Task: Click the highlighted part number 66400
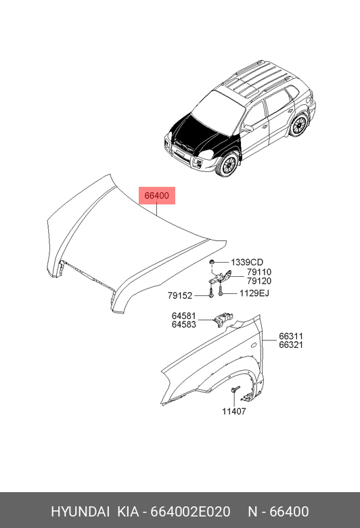(156, 196)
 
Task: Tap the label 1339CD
(247, 262)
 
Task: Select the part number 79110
(259, 271)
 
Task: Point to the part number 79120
(259, 281)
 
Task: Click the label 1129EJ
(254, 293)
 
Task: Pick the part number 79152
(180, 296)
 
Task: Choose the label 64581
(184, 316)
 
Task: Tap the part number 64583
(184, 325)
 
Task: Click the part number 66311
(291, 336)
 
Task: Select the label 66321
(291, 345)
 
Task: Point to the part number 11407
(234, 411)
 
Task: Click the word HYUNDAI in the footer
(80, 512)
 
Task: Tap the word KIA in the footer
(128, 512)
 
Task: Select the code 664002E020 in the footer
(190, 512)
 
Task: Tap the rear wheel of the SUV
(298, 125)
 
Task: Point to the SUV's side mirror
(248, 129)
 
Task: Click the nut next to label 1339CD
(212, 262)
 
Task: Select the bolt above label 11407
(235, 389)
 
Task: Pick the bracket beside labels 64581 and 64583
(223, 318)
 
